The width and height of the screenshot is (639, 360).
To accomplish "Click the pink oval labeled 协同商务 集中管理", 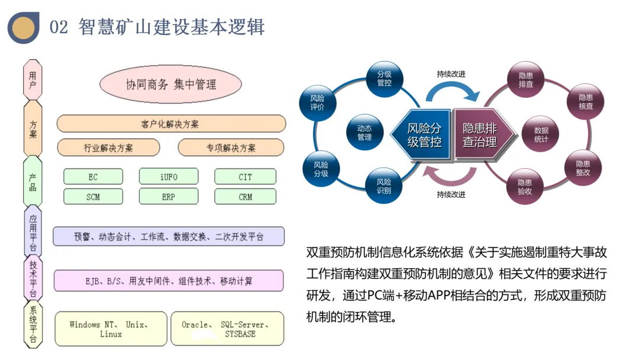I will click(x=171, y=85).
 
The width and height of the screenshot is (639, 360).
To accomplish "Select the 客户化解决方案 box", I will click(x=170, y=124).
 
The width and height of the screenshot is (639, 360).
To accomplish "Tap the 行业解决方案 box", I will click(x=108, y=147).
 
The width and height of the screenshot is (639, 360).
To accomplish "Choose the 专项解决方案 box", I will click(x=231, y=147).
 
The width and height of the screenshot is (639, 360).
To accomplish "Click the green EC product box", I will click(x=93, y=176).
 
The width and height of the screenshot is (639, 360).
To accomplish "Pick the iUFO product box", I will click(x=169, y=176).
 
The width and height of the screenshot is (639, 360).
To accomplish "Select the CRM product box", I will click(x=245, y=197).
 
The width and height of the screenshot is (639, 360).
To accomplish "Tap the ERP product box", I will click(x=169, y=197).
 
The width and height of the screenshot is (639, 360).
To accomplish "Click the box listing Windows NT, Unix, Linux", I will click(x=109, y=329).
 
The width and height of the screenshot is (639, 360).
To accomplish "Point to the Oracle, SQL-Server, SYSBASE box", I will click(x=228, y=329).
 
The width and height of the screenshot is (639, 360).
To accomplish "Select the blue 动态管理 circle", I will click(x=364, y=133).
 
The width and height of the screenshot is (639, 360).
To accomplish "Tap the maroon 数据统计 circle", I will click(x=541, y=134).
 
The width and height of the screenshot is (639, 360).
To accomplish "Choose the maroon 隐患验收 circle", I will click(x=525, y=187).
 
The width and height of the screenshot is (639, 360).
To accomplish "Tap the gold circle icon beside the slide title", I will click(x=24, y=27).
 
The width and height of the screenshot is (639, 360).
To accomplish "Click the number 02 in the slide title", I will click(x=59, y=27).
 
